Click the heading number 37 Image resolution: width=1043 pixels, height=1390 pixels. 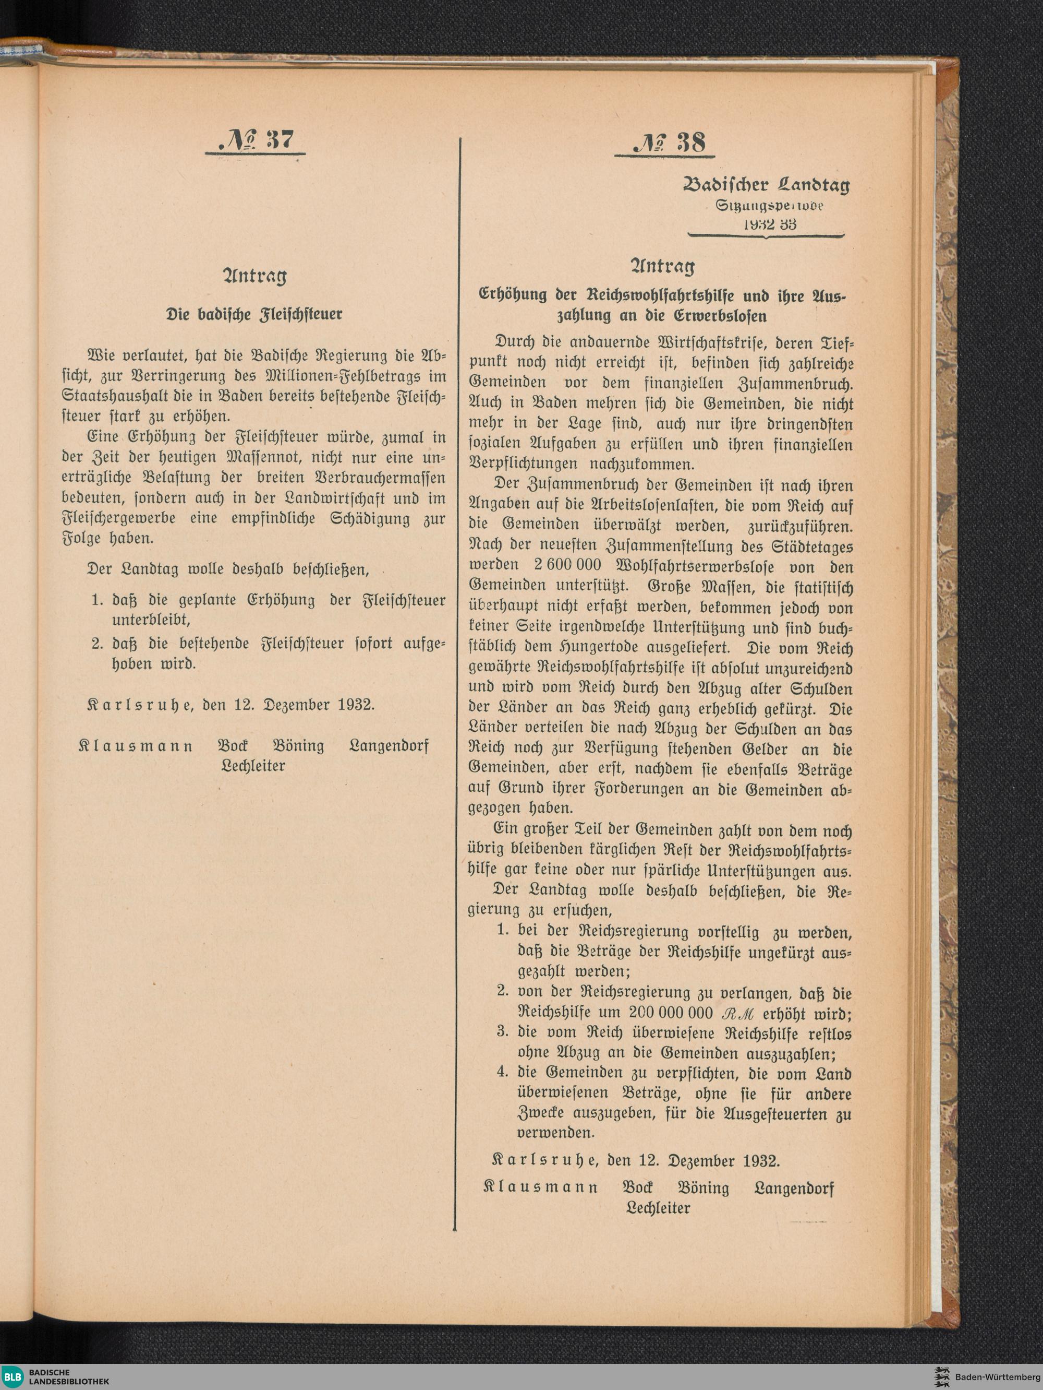275,138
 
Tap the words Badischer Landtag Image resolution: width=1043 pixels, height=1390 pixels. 766,185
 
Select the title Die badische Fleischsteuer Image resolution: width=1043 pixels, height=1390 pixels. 254,314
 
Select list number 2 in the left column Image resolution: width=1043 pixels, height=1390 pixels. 96,644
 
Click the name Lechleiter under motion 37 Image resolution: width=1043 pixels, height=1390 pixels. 253,766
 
